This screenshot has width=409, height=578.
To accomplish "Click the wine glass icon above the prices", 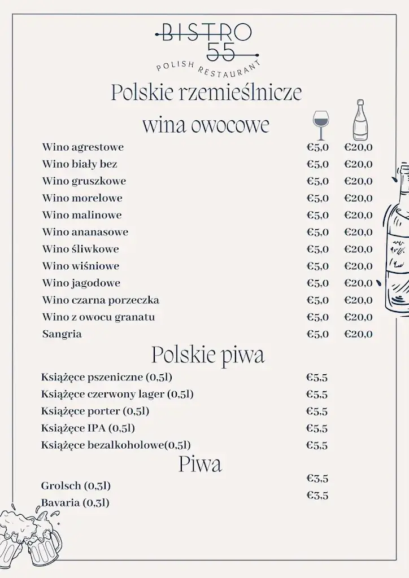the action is point(320,125).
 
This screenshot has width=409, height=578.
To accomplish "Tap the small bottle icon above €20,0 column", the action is point(360,120).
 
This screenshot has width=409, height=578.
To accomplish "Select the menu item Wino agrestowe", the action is point(82,147).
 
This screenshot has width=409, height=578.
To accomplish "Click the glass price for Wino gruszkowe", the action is point(317,181).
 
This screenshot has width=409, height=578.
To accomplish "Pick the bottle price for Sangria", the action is point(359,334).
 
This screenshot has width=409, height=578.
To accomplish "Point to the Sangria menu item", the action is point(62,334).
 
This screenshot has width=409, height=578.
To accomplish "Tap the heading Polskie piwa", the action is point(207,355).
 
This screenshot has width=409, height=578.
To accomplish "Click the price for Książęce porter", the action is point(317,411).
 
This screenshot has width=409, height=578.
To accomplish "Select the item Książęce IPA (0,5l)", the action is point(88,428).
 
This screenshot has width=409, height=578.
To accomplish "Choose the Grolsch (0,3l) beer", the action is point(76,485).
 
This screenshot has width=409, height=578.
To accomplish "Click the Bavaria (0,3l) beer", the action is point(75,502).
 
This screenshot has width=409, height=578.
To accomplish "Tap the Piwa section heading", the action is point(200,464).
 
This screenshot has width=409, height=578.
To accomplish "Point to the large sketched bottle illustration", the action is point(397,237).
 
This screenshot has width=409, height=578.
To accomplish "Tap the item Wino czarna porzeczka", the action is point(101,300).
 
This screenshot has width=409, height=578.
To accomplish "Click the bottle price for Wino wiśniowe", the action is point(359,266).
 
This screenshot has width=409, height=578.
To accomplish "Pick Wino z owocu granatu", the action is point(98,317).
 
